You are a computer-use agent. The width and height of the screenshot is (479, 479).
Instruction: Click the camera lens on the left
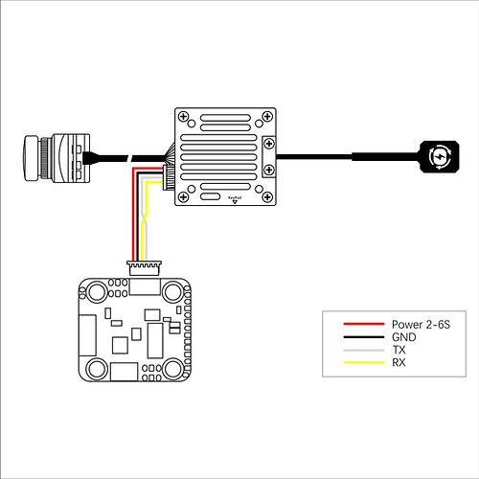tap(32, 158)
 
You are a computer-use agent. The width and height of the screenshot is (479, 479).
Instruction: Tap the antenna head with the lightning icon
tap(440, 156)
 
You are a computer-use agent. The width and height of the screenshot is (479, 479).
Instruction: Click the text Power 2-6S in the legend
tap(421, 325)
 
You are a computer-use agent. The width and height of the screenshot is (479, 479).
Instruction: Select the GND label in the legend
tap(404, 337)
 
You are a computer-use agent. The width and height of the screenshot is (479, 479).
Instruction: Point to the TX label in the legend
tap(399, 350)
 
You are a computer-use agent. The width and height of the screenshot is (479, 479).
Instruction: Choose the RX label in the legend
tap(399, 362)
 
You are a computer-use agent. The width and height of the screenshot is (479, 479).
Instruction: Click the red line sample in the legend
tap(364, 324)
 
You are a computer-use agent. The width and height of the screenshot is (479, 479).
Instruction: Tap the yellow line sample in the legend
tap(364, 362)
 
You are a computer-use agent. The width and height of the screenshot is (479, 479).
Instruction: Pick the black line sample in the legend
tap(364, 337)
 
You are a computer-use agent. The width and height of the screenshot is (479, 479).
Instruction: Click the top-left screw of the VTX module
tap(183, 117)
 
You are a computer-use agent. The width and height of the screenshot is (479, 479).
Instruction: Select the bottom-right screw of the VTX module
tap(267, 197)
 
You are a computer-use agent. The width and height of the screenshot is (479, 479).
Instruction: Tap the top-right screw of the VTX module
tap(267, 117)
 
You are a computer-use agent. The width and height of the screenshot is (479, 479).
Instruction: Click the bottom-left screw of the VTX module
tap(183, 197)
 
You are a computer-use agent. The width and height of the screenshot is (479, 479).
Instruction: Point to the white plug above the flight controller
tap(144, 268)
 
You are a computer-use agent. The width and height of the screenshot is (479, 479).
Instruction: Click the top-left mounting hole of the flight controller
tap(97, 291)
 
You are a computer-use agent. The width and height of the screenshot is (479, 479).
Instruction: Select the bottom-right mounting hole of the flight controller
tap(172, 368)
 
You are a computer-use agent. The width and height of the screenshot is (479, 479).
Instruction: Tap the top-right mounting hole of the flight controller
tap(172, 291)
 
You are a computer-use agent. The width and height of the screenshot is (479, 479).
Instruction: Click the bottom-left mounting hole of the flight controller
tap(97, 368)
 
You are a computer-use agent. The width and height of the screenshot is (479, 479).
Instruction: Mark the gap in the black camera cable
tap(130, 158)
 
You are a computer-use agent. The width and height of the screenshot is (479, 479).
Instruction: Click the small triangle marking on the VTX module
tap(235, 201)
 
